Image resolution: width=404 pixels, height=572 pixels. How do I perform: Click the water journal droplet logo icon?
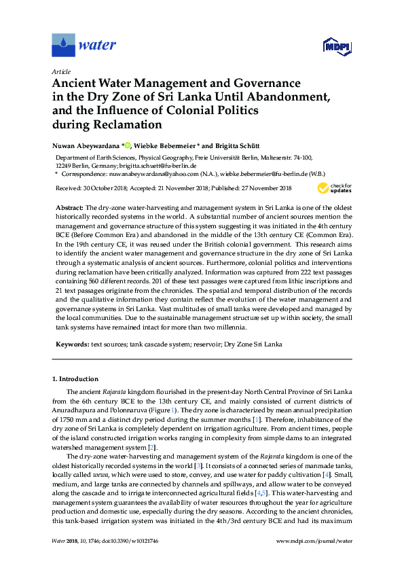[63, 46]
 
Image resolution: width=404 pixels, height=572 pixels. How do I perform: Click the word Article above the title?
[61, 71]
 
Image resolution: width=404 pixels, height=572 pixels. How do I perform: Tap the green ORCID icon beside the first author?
[128, 145]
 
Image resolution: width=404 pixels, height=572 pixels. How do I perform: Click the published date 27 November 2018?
[263, 188]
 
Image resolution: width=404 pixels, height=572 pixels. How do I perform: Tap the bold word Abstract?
[68, 205]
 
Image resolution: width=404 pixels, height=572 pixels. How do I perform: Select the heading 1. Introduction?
[75, 378]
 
